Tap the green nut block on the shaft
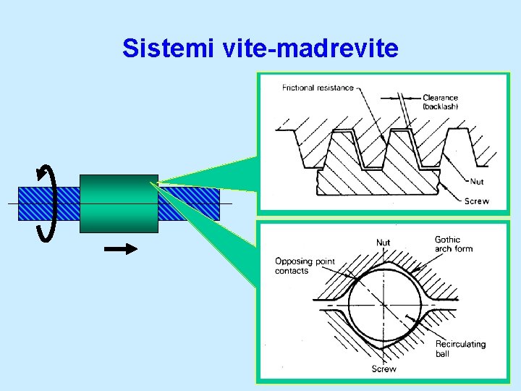[x=119, y=203]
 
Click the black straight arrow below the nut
[x=121, y=249]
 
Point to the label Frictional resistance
[x=318, y=88]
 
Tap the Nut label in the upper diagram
[x=477, y=182]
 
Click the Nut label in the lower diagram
[x=384, y=242]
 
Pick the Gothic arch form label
[x=453, y=244]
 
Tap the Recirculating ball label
[x=460, y=348]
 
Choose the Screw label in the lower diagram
[x=384, y=369]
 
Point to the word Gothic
[x=448, y=239]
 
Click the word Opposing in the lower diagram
[x=294, y=261]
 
